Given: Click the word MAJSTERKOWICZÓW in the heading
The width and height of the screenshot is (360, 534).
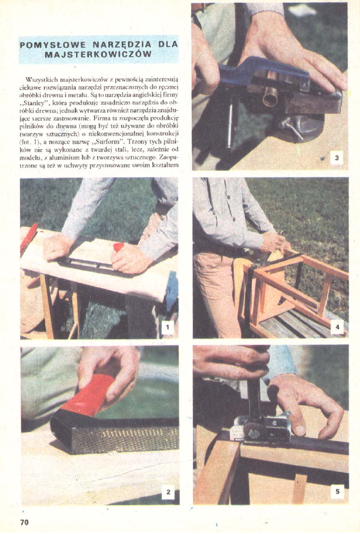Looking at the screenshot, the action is [x=98, y=54].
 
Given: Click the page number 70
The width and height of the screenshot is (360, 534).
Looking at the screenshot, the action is [x=25, y=523].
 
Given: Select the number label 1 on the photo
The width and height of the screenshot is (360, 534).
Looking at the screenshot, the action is [x=167, y=328].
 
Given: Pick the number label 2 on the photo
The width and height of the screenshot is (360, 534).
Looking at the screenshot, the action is [x=168, y=492].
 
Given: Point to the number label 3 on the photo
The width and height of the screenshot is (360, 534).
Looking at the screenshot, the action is [x=337, y=158].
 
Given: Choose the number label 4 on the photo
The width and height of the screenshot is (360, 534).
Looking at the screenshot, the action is [x=337, y=327].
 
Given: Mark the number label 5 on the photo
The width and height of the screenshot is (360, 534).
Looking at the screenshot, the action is [x=338, y=491].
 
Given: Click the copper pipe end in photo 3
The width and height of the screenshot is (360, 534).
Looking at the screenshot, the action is [x=270, y=98].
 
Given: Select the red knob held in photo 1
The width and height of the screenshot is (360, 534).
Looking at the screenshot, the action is [x=119, y=247].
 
